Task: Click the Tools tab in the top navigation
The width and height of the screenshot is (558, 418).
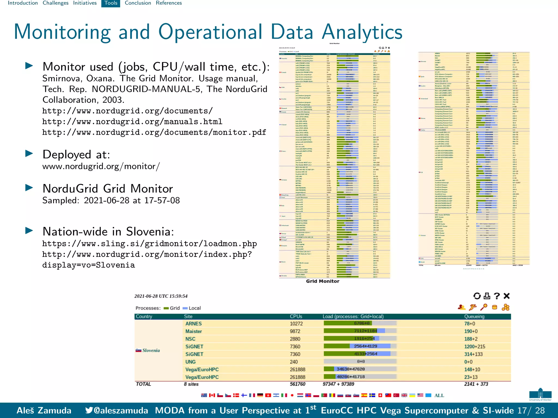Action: click(x=111, y=3)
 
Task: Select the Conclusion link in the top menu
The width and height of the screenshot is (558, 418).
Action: click(x=138, y=3)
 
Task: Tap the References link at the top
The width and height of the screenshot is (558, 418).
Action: click(x=169, y=3)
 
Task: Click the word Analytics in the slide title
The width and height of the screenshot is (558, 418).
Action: click(x=362, y=32)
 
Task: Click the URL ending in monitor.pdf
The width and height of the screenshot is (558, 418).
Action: click(x=154, y=133)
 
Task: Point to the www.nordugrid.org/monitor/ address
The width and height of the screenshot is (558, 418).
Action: click(x=101, y=166)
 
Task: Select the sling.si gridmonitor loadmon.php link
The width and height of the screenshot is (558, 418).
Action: click(x=149, y=244)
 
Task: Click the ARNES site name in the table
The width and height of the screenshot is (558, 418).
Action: click(x=193, y=324)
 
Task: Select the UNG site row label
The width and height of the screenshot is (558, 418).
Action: click(x=190, y=362)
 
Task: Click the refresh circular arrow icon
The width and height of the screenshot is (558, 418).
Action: click(x=477, y=296)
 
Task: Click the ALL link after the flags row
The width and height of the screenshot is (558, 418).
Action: click(x=439, y=395)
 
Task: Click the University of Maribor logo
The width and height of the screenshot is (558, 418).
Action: click(x=540, y=394)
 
